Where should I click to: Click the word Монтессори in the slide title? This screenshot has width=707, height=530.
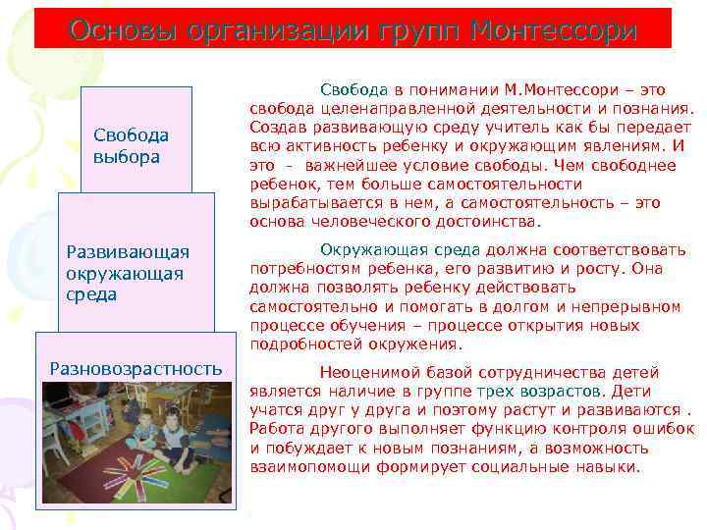(554, 29)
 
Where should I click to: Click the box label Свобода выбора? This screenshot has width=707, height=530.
(132, 145)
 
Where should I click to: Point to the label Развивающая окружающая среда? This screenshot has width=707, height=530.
(127, 274)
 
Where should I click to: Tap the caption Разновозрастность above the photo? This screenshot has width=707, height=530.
(136, 368)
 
